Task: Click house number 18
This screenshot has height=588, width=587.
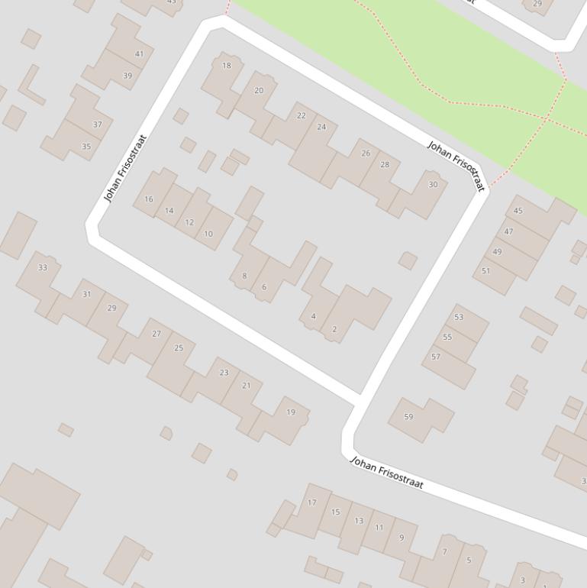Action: pyautogui.click(x=227, y=66)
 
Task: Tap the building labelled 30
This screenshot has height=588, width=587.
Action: pyautogui.click(x=434, y=185)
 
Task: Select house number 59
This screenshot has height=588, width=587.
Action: pyautogui.click(x=408, y=417)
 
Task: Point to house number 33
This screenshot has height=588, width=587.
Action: pyautogui.click(x=43, y=267)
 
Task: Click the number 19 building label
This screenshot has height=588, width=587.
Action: pyautogui.click(x=291, y=412)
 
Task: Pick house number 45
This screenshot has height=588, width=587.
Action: pyautogui.click(x=518, y=211)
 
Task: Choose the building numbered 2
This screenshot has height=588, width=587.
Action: pyautogui.click(x=334, y=329)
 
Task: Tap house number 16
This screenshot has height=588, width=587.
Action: pyautogui.click(x=149, y=199)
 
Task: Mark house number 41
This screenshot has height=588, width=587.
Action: pyautogui.click(x=139, y=54)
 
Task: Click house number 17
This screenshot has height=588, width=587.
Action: pyautogui.click(x=311, y=502)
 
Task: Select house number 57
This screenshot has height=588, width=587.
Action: pyautogui.click(x=436, y=357)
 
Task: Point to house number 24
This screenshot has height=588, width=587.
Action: pyautogui.click(x=321, y=127)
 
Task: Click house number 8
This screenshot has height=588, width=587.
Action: pyautogui.click(x=244, y=276)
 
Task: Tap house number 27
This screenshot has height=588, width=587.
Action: pyautogui.click(x=156, y=334)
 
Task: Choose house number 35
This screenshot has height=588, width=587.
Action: pyautogui.click(x=86, y=147)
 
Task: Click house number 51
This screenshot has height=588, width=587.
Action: pyautogui.click(x=486, y=271)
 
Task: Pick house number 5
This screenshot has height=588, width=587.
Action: pyautogui.click(x=469, y=560)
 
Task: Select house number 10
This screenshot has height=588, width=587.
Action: pyautogui.click(x=208, y=234)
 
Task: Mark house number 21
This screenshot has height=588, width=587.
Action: pyautogui.click(x=246, y=386)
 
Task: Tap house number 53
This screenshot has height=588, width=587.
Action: pyautogui.click(x=459, y=317)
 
